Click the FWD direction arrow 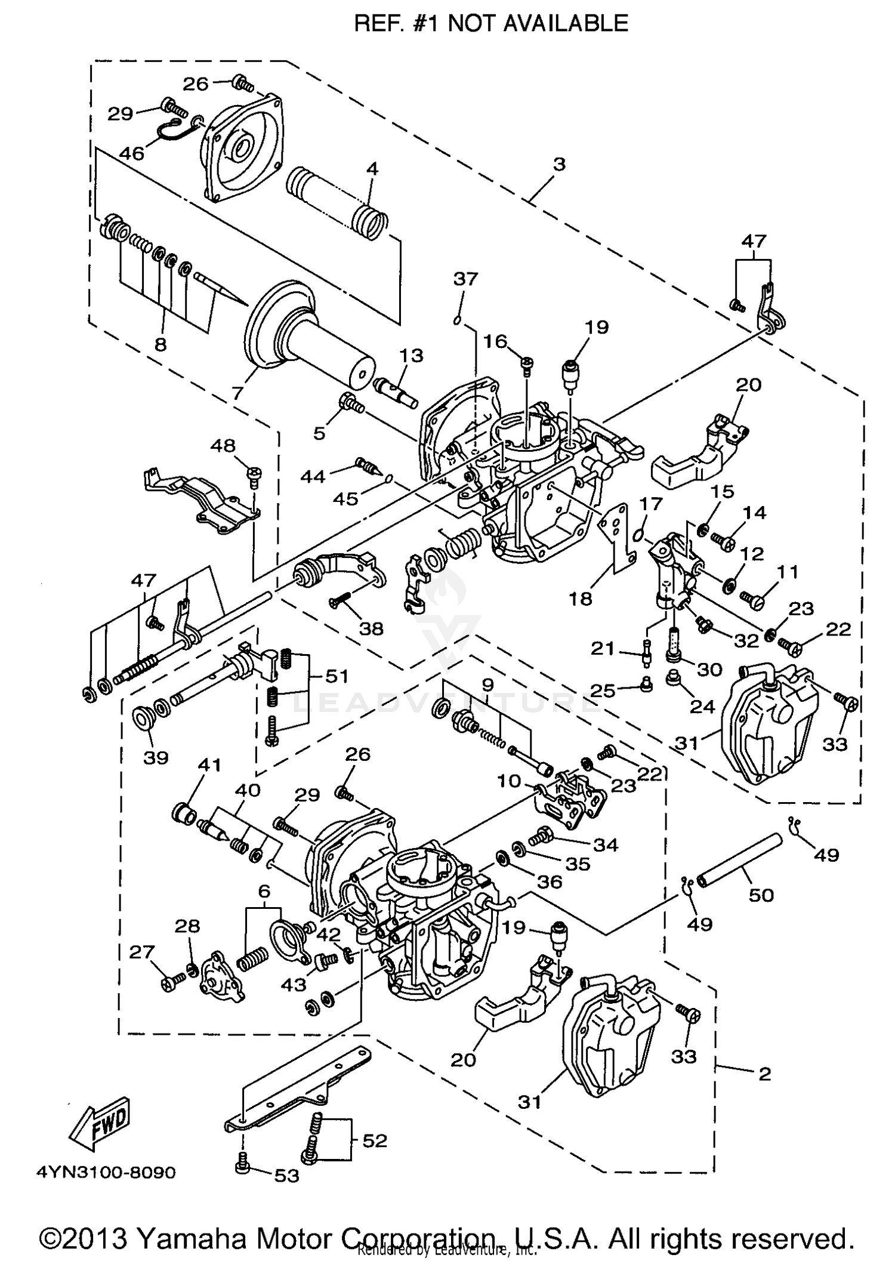coord(100,1122)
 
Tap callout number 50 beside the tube coord(761,895)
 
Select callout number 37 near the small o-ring coord(465,279)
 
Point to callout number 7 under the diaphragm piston coord(237,393)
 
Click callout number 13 coord(411,356)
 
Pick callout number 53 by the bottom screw coord(286,1176)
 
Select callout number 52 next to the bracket coord(375,1140)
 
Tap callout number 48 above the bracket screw coord(223,446)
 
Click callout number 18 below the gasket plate coord(581,598)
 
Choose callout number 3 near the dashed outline coord(558,164)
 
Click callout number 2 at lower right coord(764,1074)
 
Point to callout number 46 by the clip coord(132,153)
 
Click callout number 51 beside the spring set coord(337,676)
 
